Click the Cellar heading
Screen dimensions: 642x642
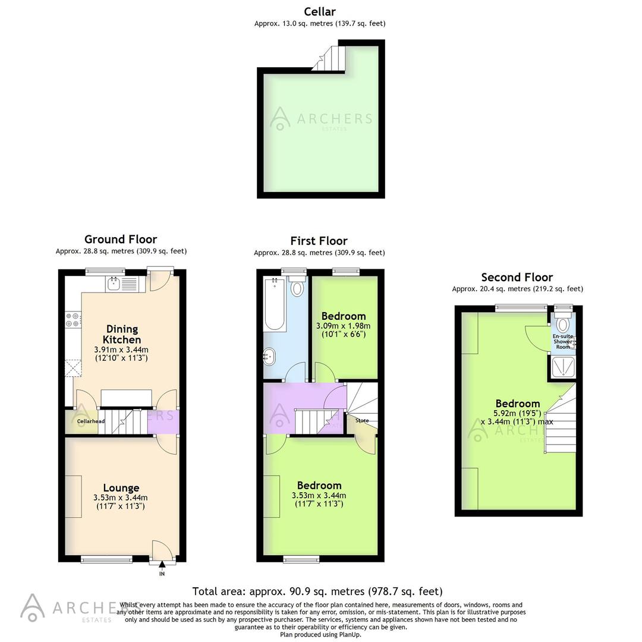click(320, 11)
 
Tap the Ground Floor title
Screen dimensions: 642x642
click(121, 240)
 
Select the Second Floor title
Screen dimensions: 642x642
click(517, 277)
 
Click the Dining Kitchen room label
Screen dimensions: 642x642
click(122, 334)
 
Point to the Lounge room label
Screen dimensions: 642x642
click(121, 488)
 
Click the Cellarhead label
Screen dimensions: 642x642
click(91, 421)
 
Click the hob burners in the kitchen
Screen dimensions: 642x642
click(73, 320)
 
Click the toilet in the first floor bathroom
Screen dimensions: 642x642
click(297, 288)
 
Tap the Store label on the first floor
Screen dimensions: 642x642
click(362, 420)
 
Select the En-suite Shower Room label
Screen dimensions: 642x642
click(563, 342)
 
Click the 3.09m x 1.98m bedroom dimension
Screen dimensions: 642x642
click(343, 326)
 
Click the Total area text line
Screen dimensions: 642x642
click(317, 591)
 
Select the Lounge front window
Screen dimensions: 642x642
click(107, 559)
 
